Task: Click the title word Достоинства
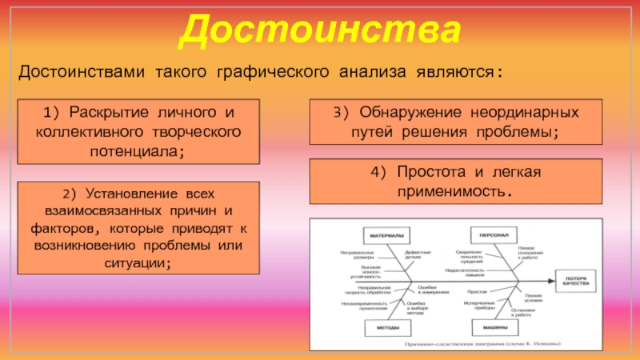coord(320,30)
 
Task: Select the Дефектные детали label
coord(418,253)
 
